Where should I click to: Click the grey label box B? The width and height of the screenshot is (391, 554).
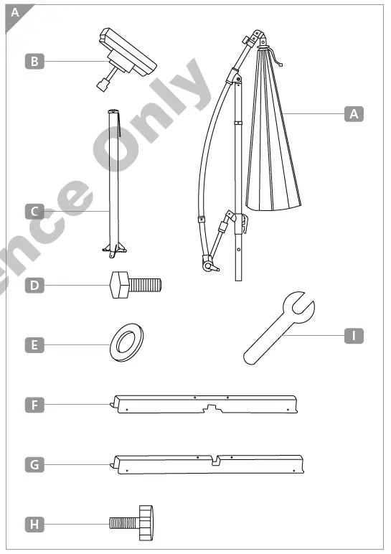point(34,62)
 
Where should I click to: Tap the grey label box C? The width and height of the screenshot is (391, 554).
point(34,212)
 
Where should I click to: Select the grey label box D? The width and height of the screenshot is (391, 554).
point(34,286)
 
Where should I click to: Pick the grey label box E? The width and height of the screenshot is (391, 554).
point(34,345)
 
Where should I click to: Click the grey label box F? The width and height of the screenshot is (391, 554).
point(34,405)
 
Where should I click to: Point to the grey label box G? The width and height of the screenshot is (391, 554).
point(34,464)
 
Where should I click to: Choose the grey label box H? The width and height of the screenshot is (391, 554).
point(34,524)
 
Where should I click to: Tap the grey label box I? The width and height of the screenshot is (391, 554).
point(354,335)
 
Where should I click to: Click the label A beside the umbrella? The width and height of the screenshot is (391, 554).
point(354,113)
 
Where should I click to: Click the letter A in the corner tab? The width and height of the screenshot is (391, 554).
point(15,12)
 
